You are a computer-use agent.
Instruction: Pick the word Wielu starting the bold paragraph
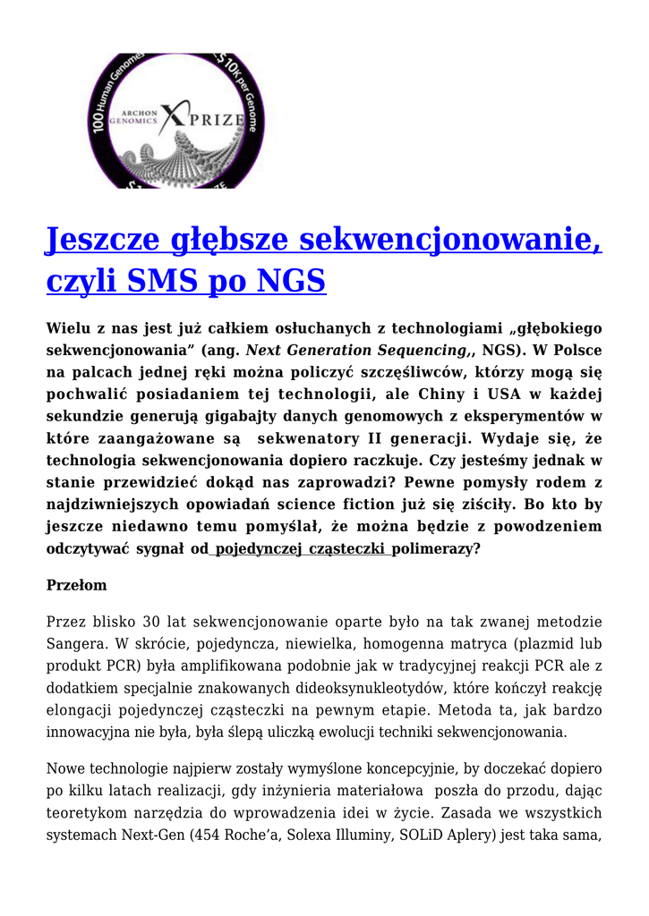(67, 329)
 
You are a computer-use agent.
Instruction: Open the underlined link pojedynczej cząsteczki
(302, 549)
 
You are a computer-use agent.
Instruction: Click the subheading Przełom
(76, 586)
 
